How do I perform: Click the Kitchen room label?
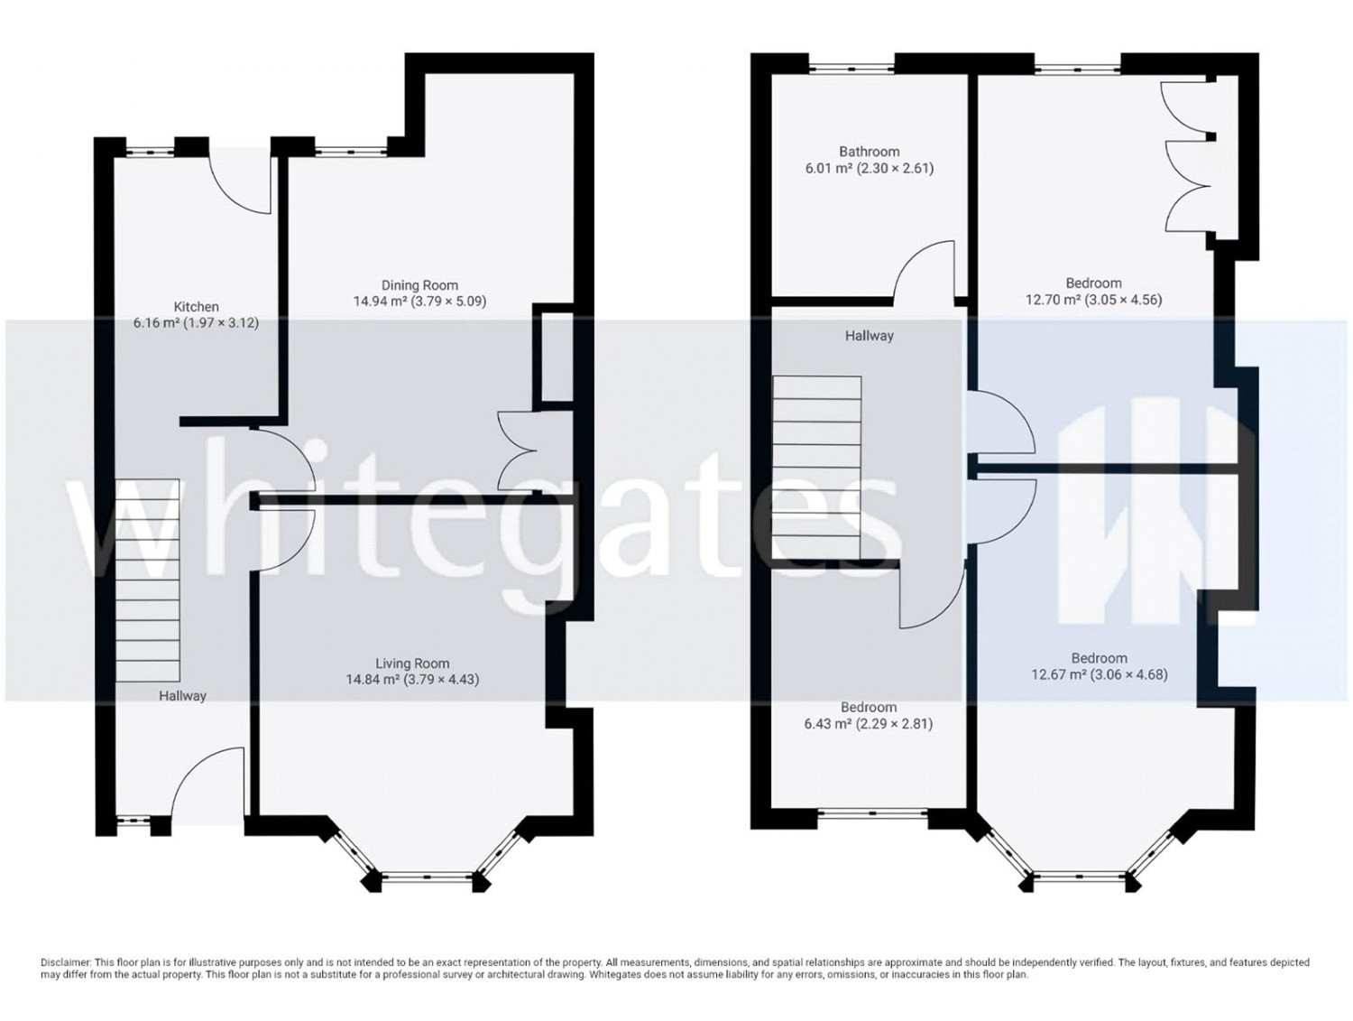pyautogui.click(x=196, y=307)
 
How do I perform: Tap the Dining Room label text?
pyautogui.click(x=419, y=285)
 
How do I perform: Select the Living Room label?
pyautogui.click(x=412, y=664)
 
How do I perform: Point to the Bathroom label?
pyautogui.click(x=870, y=151)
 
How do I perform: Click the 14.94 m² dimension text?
pyautogui.click(x=419, y=302)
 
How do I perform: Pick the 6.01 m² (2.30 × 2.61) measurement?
pyautogui.click(x=870, y=168)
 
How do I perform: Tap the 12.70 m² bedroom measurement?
pyautogui.click(x=1093, y=300)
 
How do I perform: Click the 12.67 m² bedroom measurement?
pyautogui.click(x=1099, y=674)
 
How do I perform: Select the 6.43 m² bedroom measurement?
pyautogui.click(x=868, y=723)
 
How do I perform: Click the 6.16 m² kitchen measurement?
pyautogui.click(x=196, y=322)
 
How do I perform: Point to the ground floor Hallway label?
pyautogui.click(x=182, y=696)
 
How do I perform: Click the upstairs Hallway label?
pyautogui.click(x=870, y=336)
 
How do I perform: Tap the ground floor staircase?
pyautogui.click(x=147, y=580)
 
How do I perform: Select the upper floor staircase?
pyautogui.click(x=816, y=468)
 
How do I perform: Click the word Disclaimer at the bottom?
pyautogui.click(x=66, y=962)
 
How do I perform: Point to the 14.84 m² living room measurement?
pyautogui.click(x=412, y=679)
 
